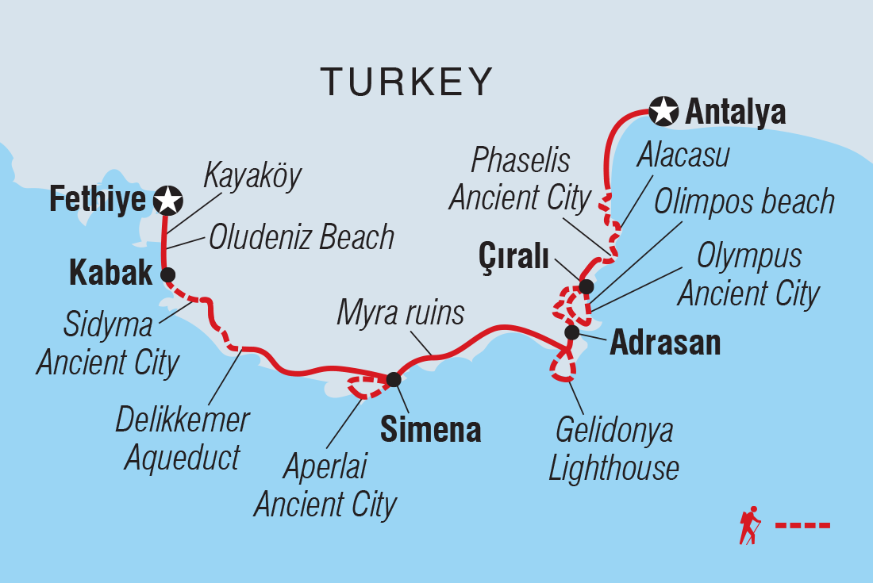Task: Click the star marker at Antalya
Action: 663,112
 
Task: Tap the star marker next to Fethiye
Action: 167,200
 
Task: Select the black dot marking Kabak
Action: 167,274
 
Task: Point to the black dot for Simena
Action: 393,380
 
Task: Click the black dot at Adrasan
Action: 571,332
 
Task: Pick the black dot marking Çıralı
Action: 586,286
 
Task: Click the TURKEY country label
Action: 406,81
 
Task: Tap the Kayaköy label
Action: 252,175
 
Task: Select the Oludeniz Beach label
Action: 302,237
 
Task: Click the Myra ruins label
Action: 400,313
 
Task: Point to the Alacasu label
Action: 683,155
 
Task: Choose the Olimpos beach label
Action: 744,202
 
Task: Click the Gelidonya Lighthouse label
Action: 614,449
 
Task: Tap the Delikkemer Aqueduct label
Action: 183,439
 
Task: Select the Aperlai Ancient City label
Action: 325,485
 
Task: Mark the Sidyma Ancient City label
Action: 108,344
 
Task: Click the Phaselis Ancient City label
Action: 521,179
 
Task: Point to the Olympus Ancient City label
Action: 748,275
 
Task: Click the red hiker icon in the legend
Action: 749,525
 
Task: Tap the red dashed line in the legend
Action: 802,525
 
